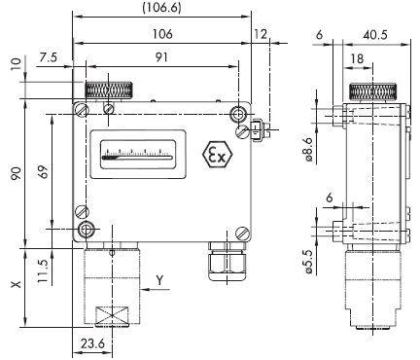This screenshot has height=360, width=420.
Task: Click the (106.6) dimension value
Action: [161, 8]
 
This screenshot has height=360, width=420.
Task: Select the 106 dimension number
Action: [162, 34]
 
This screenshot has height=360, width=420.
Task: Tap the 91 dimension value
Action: [161, 57]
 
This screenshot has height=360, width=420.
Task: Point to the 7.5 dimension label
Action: [48, 57]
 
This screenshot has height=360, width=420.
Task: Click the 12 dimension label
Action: [261, 34]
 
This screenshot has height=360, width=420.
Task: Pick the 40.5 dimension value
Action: [375, 35]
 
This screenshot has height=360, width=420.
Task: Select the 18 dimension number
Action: [357, 58]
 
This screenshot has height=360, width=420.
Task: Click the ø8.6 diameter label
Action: [308, 149]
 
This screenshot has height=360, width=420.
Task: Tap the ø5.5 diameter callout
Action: [308, 262]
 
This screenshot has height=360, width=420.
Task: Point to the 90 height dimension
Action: [17, 173]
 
